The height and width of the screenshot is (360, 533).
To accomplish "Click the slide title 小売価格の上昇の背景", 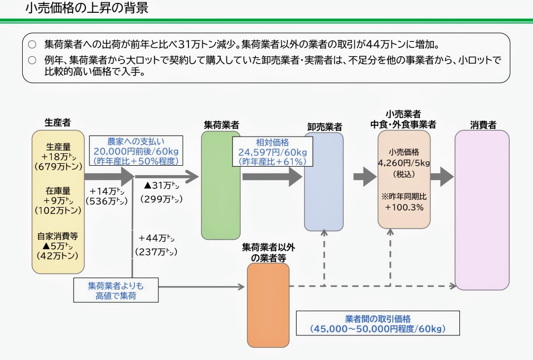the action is click(87, 8).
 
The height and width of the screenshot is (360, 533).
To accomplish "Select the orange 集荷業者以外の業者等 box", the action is click(268, 305).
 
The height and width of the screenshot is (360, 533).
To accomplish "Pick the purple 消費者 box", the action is click(482, 210).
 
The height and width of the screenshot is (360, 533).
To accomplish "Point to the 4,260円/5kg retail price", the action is click(404, 163).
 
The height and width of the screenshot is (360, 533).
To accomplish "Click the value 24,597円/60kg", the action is click(272, 152).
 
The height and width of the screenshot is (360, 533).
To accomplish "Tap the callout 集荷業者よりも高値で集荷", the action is click(116, 290).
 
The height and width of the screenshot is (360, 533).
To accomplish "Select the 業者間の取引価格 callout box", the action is click(378, 324).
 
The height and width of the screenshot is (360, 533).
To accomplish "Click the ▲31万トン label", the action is click(161, 185).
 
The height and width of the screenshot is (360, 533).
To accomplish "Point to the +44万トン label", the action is click(156, 238).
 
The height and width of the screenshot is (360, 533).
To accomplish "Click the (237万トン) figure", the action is click(156, 252).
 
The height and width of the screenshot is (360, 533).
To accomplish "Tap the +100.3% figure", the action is click(404, 207).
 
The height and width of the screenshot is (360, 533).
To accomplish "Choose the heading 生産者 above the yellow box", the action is click(57, 123).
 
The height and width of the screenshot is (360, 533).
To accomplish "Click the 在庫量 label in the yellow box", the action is click(58, 191).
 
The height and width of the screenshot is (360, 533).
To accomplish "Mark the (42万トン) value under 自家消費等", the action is click(58, 256).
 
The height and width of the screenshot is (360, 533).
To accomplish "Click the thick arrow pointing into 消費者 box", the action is click(442, 177).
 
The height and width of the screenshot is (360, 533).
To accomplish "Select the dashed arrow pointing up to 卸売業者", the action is click(324, 258).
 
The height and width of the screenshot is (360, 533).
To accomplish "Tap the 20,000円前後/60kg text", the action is click(136, 151).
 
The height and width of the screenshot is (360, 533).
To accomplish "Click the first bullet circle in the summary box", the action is click(32, 44).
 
